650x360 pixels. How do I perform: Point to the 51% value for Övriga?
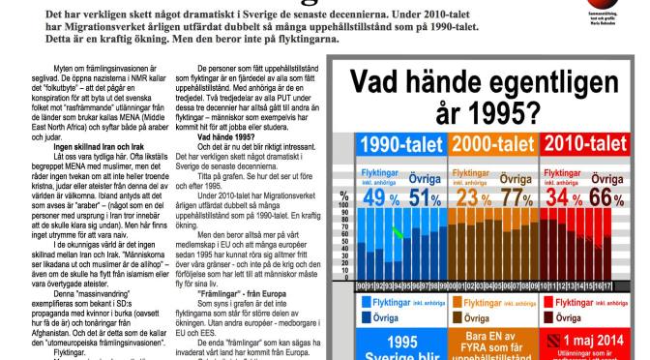pyautogui.click(x=421, y=198)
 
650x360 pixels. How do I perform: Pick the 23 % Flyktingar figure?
pyautogui.click(x=468, y=198)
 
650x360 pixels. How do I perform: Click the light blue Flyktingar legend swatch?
pyautogui.click(x=367, y=301)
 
